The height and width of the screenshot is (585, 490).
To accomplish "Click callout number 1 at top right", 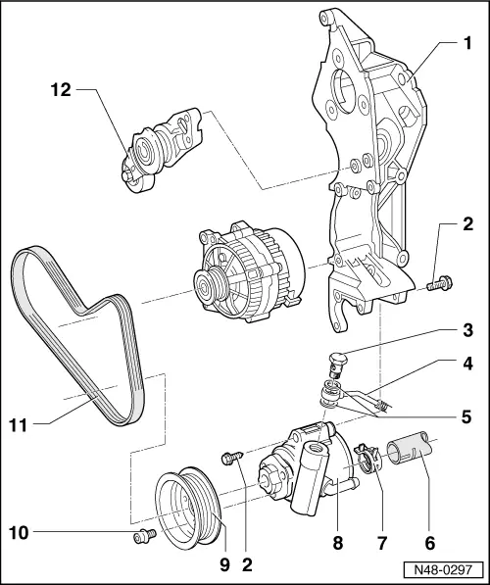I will click(467, 44).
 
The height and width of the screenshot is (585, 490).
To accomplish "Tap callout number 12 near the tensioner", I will click(61, 90).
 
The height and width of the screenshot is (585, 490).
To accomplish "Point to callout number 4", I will click(467, 390).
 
